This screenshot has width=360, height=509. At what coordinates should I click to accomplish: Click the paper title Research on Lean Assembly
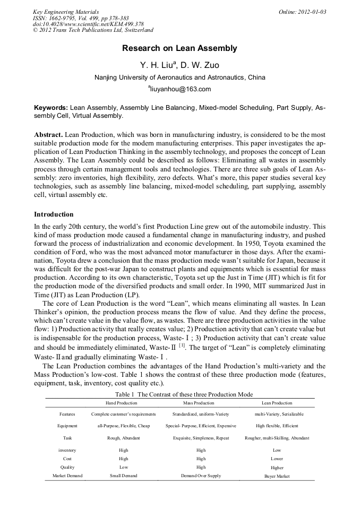(179, 48)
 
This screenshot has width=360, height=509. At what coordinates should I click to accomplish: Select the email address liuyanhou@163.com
(180, 89)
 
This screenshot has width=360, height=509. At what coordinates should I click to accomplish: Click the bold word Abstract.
(49, 135)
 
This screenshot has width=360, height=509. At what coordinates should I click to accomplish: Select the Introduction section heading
(54, 214)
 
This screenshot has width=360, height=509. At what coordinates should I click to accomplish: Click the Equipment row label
(67, 426)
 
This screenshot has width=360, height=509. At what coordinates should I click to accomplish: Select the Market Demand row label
(67, 476)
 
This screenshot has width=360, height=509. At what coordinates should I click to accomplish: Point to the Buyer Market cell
(277, 476)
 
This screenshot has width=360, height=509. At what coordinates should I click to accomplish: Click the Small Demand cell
(123, 476)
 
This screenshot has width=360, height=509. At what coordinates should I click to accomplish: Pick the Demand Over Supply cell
(201, 476)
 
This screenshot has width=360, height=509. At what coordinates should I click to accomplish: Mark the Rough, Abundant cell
(123, 438)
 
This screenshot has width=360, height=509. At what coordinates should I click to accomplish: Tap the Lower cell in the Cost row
(277, 459)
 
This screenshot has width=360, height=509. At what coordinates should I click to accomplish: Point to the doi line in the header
(88, 24)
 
